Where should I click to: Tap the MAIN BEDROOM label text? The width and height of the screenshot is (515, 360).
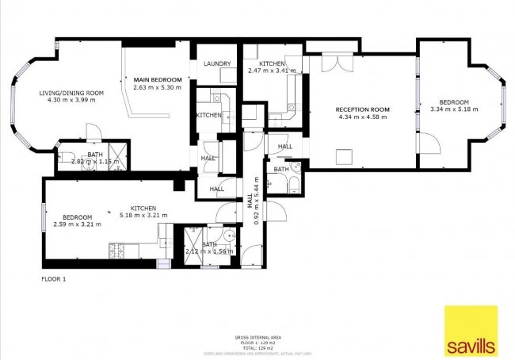[x=158, y=80]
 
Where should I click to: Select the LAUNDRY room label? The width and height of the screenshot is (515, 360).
[x=216, y=63]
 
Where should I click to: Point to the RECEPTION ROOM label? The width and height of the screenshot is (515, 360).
[x=360, y=109]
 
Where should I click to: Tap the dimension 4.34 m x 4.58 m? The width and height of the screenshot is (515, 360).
[x=360, y=117]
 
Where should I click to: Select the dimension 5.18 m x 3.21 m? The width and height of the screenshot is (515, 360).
[x=144, y=215]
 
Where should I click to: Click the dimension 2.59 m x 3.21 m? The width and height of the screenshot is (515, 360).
[x=78, y=224]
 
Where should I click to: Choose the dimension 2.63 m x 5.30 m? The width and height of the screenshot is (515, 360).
[x=158, y=88]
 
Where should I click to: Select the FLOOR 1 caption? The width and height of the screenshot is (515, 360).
[x=53, y=280]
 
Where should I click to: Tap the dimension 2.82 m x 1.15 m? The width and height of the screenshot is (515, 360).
[x=95, y=162]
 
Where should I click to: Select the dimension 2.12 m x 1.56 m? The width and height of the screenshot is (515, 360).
[x=208, y=251]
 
